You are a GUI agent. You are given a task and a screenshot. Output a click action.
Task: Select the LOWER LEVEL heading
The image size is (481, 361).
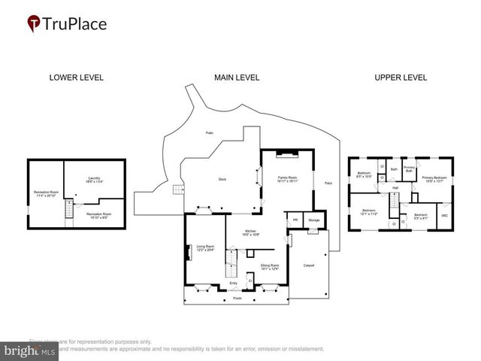[x=76, y=77]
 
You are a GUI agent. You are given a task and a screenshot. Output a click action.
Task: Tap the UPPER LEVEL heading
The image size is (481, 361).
[x=401, y=77]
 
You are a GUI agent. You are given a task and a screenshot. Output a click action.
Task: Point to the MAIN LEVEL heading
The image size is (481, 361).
[x=237, y=77]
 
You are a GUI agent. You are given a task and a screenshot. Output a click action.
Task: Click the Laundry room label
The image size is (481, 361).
[x=94, y=180]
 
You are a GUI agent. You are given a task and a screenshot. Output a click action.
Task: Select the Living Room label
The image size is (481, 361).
[x=205, y=247]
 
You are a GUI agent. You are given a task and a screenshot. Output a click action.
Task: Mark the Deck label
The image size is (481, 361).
[x=222, y=179]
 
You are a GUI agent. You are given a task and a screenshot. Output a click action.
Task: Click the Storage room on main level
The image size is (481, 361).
[x=313, y=220]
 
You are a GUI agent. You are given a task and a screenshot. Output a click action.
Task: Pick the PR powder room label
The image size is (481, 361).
[x=295, y=220]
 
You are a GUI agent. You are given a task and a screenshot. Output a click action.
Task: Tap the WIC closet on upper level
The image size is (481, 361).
[x=444, y=216]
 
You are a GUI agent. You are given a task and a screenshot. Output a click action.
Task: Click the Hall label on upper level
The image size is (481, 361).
[x=395, y=188]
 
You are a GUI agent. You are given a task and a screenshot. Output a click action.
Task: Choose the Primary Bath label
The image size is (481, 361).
[x=409, y=169]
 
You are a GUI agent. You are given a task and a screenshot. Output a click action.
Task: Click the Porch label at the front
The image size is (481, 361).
[x=237, y=298]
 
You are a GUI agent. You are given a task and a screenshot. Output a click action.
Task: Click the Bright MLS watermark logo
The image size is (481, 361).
[x=30, y=350]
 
